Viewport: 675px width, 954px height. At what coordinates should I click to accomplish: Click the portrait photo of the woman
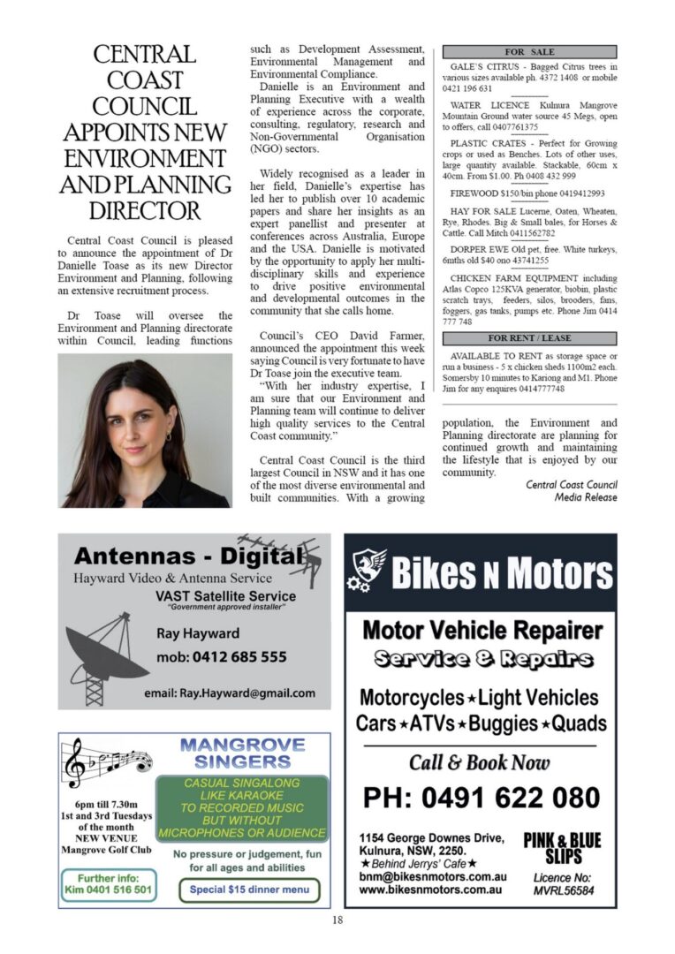(x=144, y=430)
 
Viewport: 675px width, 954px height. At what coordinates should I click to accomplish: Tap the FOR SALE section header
(x=529, y=52)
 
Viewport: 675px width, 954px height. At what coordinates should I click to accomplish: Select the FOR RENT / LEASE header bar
(x=529, y=338)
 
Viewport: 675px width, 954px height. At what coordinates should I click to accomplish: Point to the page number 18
(x=337, y=920)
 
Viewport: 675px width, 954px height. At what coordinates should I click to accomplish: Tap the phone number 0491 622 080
(x=481, y=798)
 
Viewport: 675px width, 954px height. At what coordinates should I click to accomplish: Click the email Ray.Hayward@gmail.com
(x=229, y=693)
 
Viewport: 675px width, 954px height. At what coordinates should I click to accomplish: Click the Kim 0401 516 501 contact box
(x=109, y=884)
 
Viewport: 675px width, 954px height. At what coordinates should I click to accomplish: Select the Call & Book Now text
(x=479, y=761)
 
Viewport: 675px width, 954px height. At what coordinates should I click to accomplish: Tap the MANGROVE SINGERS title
(x=241, y=753)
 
